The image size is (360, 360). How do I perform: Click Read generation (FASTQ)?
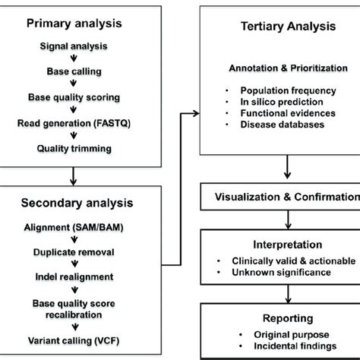78,122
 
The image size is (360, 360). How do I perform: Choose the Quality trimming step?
78,148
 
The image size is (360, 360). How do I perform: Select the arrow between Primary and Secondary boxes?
72,175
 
